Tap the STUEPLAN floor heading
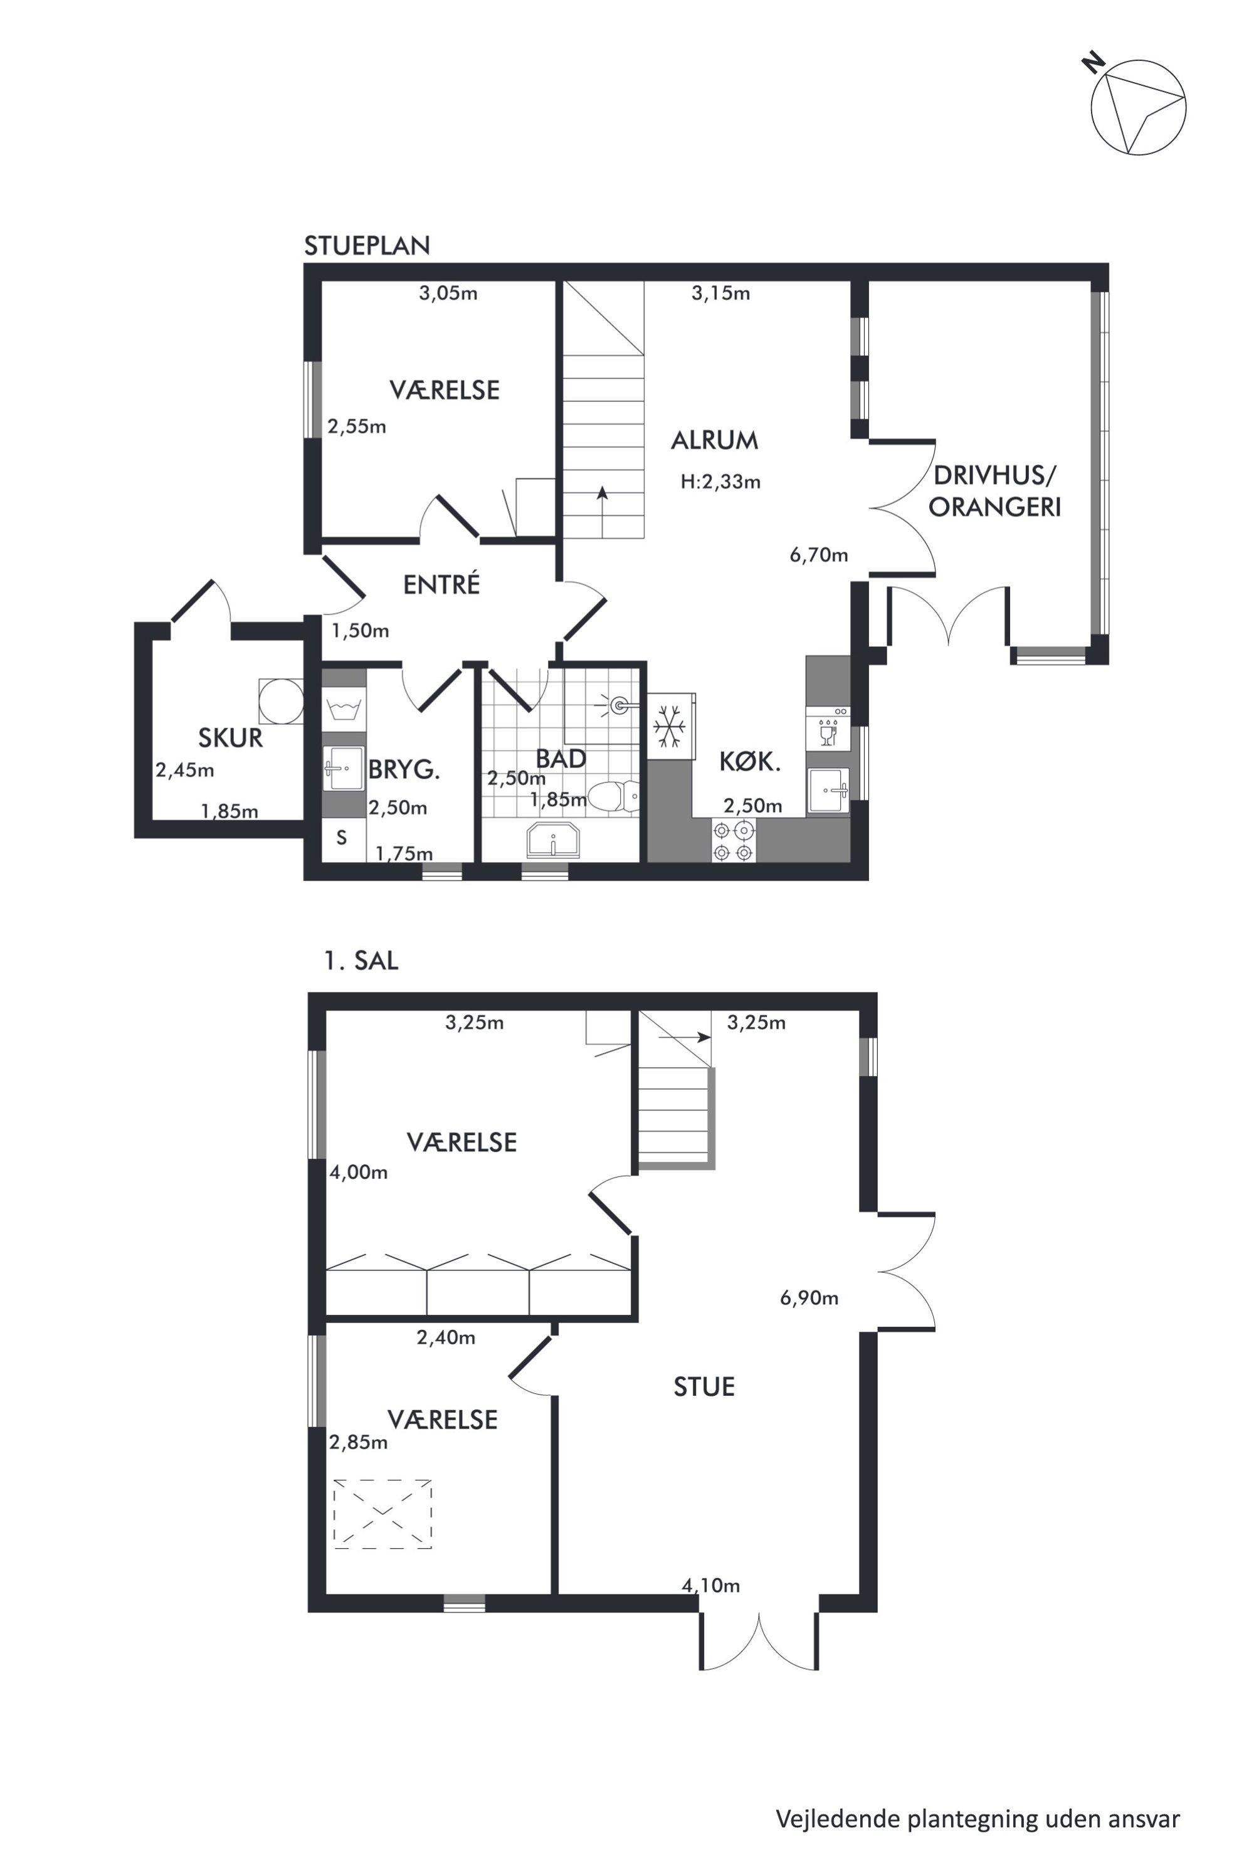[367, 246]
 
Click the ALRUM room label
[714, 440]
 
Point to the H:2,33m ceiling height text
[720, 482]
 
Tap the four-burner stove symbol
[733, 841]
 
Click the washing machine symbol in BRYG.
[344, 709]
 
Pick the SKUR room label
[230, 738]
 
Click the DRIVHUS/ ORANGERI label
[995, 491]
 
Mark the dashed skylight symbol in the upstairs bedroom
[382, 1514]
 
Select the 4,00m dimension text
[359, 1172]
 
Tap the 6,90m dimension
[809, 1298]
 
